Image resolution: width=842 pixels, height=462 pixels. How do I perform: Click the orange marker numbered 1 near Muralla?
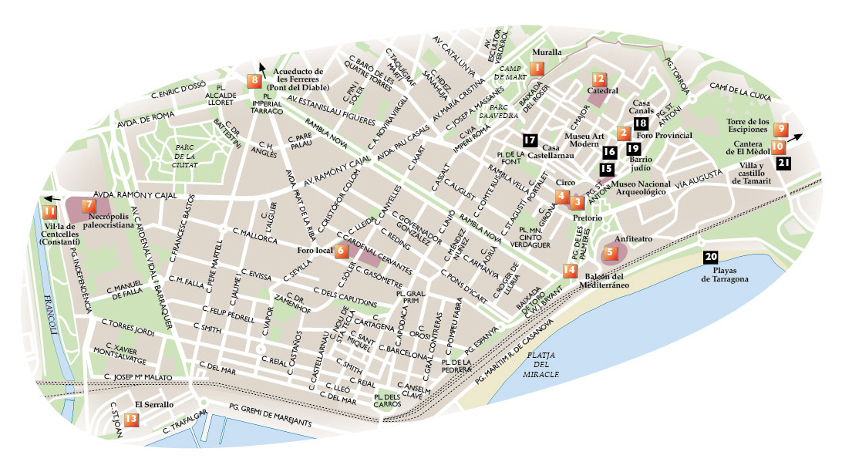[x=537, y=69]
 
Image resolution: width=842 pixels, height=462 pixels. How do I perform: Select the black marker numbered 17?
[x=529, y=140]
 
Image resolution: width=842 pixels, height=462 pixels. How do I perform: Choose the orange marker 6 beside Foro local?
[x=341, y=251]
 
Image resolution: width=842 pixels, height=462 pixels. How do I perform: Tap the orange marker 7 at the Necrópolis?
[x=89, y=205]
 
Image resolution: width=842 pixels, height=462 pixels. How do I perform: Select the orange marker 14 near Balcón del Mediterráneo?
[x=569, y=270]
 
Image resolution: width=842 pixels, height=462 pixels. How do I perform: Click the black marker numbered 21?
[x=784, y=162]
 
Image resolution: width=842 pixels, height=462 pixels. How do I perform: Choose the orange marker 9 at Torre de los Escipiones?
[x=781, y=129]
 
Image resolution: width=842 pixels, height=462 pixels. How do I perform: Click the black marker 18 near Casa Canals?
[x=641, y=123]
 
